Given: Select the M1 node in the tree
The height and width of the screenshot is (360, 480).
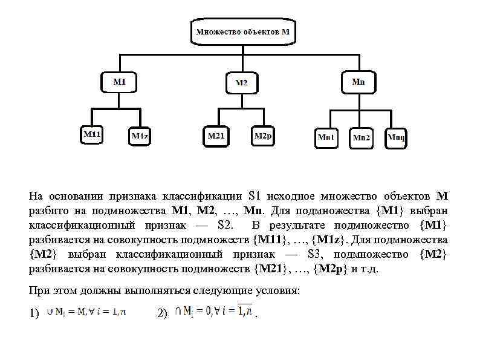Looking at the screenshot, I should [x=119, y=81].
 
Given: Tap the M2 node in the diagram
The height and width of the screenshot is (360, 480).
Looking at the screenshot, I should [x=241, y=83].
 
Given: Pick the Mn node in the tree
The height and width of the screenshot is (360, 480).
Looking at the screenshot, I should [x=358, y=81].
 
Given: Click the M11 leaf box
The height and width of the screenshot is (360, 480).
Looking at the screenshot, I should [x=92, y=135].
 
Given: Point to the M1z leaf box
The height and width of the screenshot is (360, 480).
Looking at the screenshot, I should [x=140, y=136].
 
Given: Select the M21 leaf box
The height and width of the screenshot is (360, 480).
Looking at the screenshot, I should [x=216, y=136].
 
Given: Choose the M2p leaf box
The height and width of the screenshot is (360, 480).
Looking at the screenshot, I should [x=264, y=136].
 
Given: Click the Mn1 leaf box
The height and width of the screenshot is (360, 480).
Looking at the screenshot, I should [x=326, y=137].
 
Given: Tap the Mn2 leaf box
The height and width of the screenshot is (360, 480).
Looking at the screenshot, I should [x=362, y=138].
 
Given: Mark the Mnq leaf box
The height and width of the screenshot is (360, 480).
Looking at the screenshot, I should [x=397, y=137].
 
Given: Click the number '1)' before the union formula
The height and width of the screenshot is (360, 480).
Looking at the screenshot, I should [x=34, y=314].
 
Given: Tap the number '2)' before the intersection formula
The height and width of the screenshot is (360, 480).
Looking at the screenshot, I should [x=161, y=314].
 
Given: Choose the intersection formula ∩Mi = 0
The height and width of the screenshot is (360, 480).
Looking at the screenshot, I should [x=214, y=312].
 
